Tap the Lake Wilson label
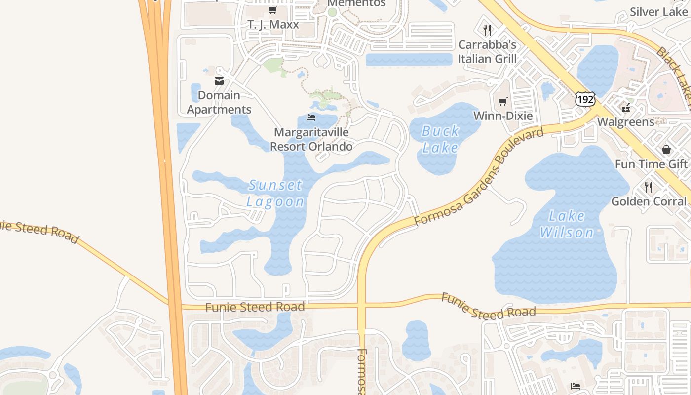567,224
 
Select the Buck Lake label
440,139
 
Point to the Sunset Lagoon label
275,193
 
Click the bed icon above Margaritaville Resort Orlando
311,117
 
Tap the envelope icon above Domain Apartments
219,81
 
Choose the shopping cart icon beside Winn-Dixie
502,102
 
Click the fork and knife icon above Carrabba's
487,30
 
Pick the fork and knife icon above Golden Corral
649,187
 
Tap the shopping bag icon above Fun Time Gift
666,149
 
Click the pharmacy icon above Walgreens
626,108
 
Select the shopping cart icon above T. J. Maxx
272,10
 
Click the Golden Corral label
649,201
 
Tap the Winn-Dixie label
503,116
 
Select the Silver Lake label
658,12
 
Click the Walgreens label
625,122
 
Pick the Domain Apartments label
219,102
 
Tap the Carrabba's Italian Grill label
487,52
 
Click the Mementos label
357,3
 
